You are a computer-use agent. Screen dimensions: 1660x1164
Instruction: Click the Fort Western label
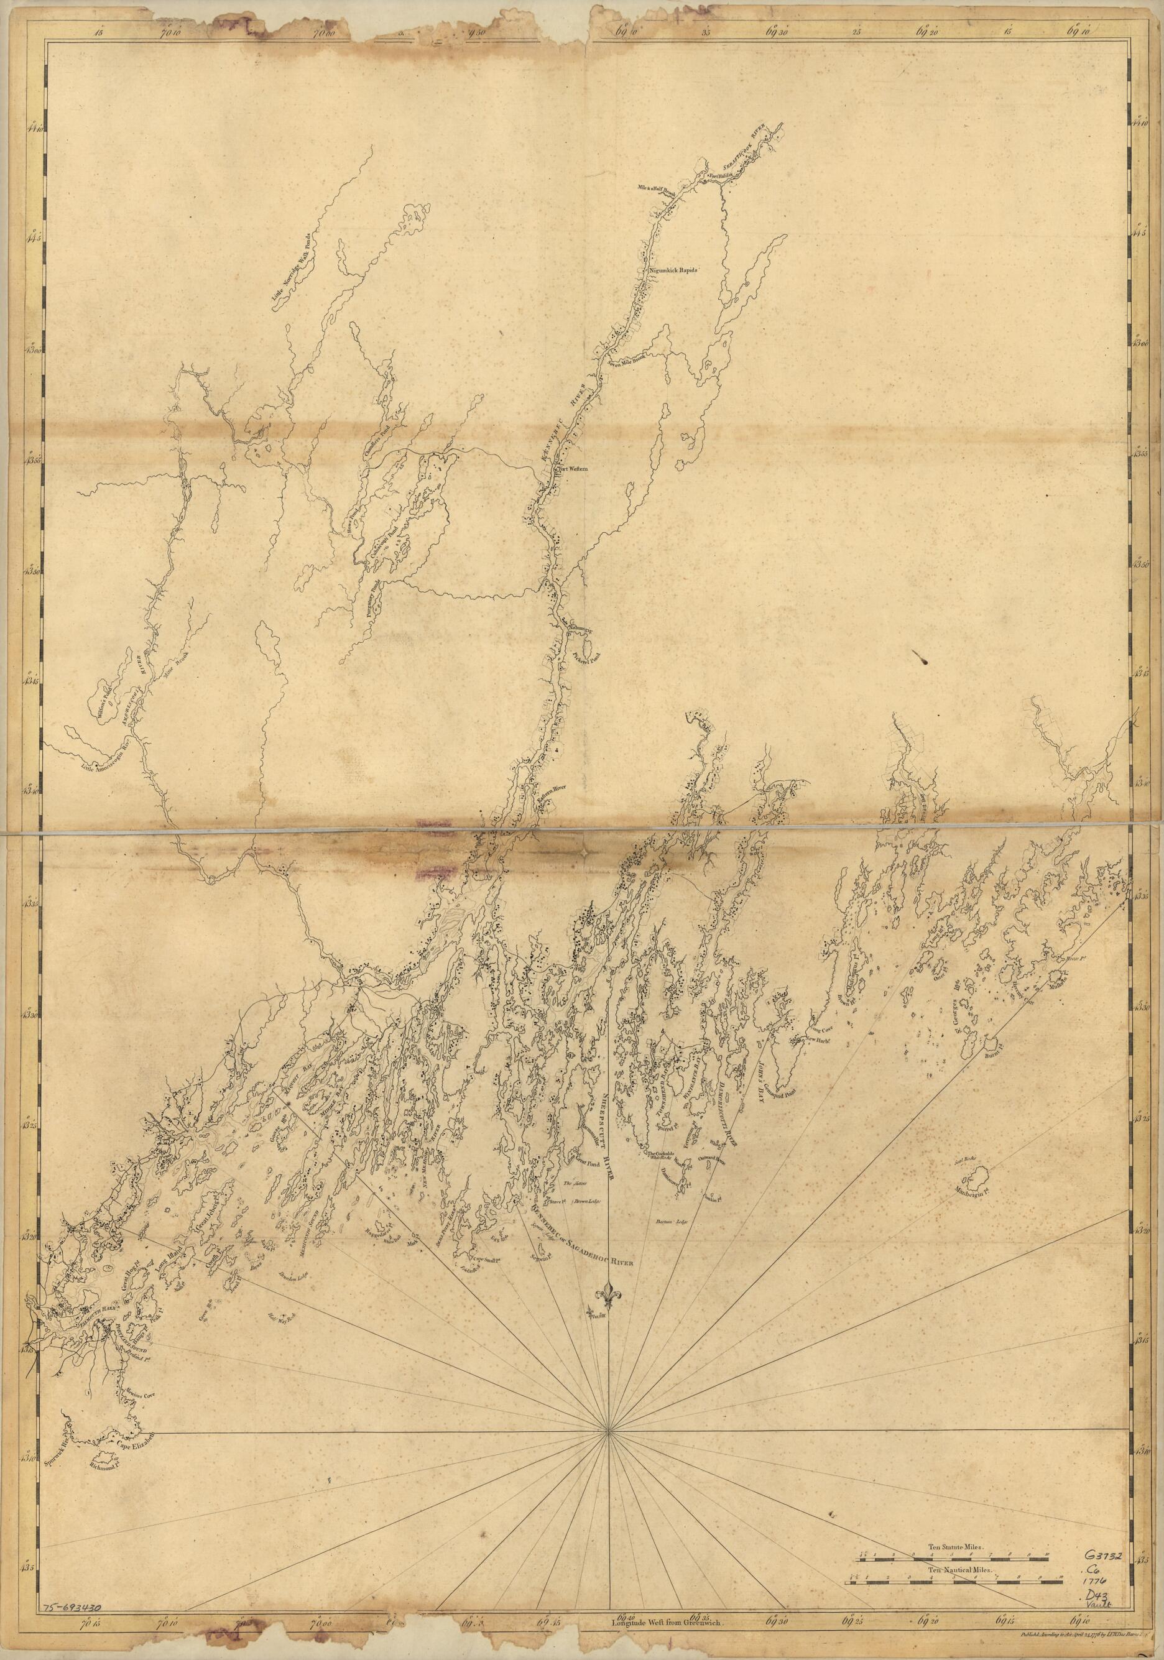tap(572, 469)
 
